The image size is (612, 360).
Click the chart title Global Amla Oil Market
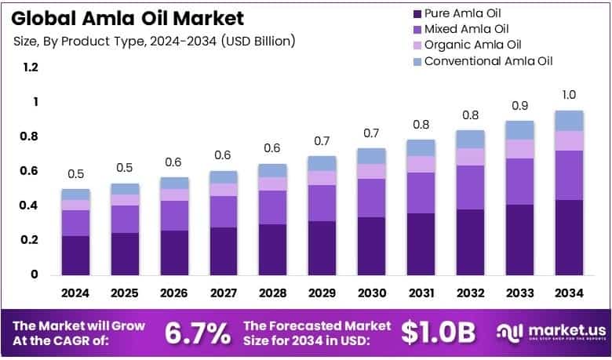point(127,18)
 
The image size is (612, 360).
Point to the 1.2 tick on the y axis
point(31,68)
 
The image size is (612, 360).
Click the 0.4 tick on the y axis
point(31,205)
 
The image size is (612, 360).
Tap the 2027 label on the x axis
point(223,293)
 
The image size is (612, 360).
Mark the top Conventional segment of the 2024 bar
point(76,194)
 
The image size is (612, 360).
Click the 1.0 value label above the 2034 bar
point(569,95)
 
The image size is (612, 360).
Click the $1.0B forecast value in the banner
point(438,333)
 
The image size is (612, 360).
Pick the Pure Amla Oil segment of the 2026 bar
point(174,252)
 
